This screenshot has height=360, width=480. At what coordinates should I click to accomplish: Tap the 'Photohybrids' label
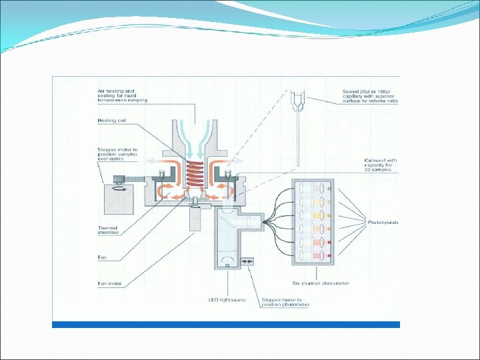tap(383, 221)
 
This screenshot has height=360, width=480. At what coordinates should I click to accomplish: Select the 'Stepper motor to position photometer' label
tap(285, 303)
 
